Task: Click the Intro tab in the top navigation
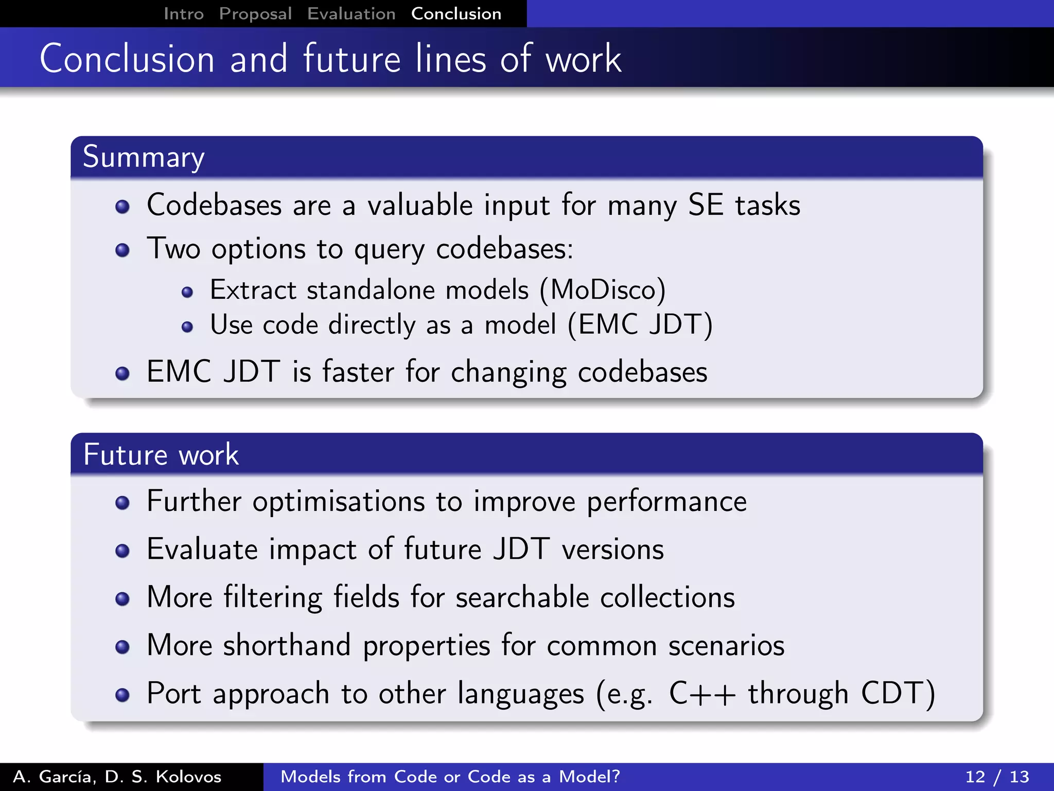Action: point(184,14)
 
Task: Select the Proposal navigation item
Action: point(255,14)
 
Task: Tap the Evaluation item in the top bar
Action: point(352,14)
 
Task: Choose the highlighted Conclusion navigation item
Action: point(456,14)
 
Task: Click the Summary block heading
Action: point(144,157)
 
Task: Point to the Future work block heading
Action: point(161,455)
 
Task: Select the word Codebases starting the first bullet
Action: point(214,205)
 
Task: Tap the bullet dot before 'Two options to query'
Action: point(122,251)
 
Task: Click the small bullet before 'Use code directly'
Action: point(187,327)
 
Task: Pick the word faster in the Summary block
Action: point(358,372)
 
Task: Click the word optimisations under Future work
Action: point(339,502)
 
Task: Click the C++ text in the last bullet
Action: point(702,694)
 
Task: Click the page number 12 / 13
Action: point(997,777)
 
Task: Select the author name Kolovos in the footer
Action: point(188,777)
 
